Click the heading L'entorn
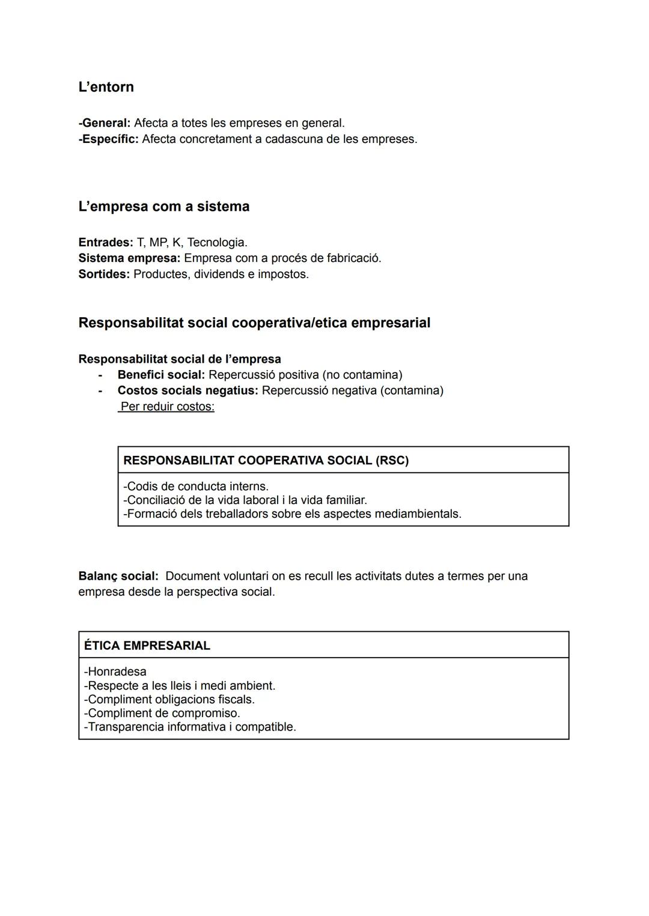coord(106,87)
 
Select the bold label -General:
coord(104,123)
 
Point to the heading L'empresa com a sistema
coord(163,207)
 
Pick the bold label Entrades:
coord(105,243)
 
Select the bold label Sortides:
coord(103,274)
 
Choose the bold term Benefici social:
coord(161,375)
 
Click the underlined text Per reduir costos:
coord(167,407)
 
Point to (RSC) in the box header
coord(392,461)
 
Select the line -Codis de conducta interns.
coord(196,487)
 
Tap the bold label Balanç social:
coord(118,577)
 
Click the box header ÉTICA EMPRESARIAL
coord(147,646)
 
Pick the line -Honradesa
coord(115,672)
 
